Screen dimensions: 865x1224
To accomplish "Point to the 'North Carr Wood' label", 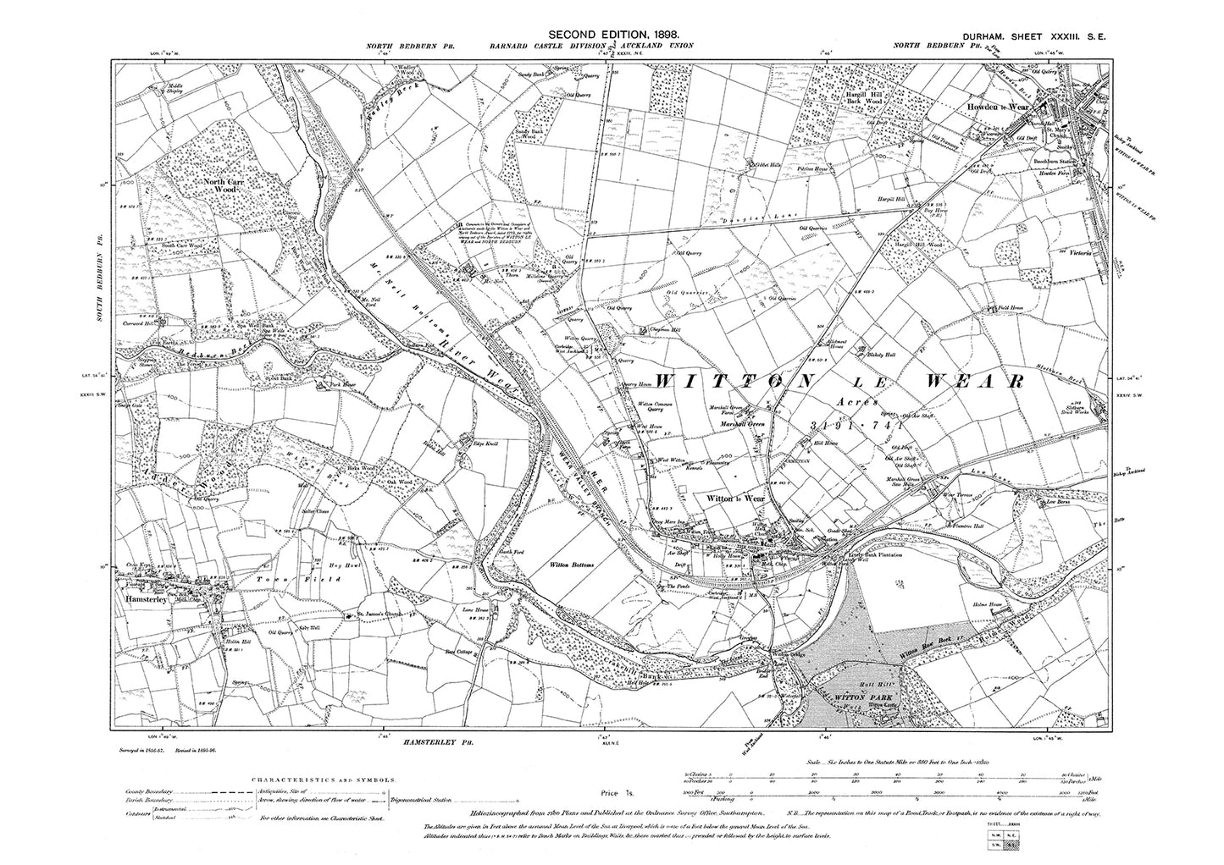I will pyautogui.click(x=223, y=185).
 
